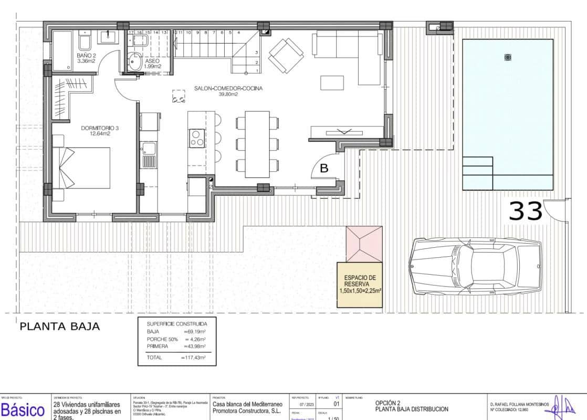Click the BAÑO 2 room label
(86, 58)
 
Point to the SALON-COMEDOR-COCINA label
(228, 91)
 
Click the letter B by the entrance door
(324, 169)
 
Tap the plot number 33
(526, 211)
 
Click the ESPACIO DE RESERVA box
(360, 283)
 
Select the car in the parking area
(477, 266)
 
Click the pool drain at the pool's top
(507, 57)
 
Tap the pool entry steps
(477, 173)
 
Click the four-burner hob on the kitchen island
(197, 138)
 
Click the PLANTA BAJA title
(59, 327)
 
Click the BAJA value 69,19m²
(194, 332)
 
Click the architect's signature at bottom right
(560, 406)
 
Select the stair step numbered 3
(256, 52)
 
